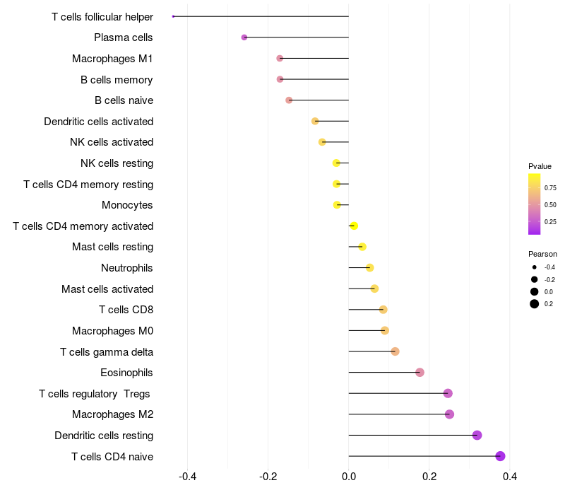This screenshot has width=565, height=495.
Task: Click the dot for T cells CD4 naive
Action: (500, 456)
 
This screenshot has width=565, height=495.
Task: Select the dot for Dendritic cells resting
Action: (477, 435)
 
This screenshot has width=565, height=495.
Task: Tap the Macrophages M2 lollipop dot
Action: (449, 414)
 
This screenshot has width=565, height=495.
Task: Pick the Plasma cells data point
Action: (244, 37)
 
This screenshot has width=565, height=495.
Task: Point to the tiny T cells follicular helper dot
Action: (173, 16)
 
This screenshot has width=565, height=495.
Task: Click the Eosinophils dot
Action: (420, 373)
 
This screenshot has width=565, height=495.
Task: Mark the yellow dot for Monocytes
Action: (337, 205)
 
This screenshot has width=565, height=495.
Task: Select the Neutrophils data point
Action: (369, 268)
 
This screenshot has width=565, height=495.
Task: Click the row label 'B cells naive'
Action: (124, 100)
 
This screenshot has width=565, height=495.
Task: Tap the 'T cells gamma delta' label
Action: (107, 351)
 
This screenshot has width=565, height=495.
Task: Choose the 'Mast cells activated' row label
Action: (107, 289)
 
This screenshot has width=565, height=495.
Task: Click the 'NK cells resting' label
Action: (117, 163)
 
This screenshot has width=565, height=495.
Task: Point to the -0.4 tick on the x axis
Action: (188, 477)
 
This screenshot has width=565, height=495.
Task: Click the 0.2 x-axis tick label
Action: (429, 477)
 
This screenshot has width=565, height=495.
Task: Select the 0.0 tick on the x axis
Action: (349, 477)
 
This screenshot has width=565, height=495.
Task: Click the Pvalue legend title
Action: (540, 166)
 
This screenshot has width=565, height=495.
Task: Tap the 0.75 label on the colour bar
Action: (550, 187)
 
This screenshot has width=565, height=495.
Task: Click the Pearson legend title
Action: (542, 254)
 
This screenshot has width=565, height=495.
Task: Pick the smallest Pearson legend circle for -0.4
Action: (535, 267)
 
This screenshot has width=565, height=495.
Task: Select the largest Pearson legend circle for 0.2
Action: (535, 304)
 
